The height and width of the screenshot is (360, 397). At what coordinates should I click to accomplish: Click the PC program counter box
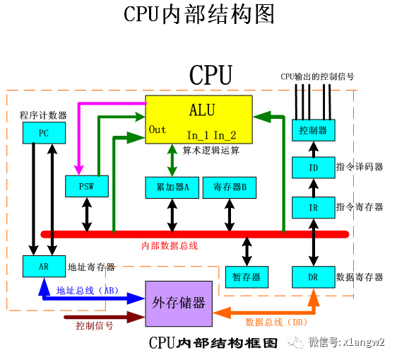(x=43, y=132)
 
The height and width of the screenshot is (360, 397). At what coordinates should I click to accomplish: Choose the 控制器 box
(x=313, y=131)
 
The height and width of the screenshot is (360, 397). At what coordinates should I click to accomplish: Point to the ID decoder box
(x=313, y=168)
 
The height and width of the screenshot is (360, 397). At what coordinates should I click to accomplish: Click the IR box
(x=313, y=207)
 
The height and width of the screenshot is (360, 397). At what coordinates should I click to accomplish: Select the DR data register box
(x=313, y=277)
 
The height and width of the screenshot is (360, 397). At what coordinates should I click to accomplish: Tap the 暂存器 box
(x=246, y=277)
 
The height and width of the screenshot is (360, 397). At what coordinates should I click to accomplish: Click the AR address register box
(x=43, y=267)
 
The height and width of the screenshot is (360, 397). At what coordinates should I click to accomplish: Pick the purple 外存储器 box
(x=179, y=303)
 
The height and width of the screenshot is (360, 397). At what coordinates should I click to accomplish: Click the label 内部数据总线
(x=170, y=246)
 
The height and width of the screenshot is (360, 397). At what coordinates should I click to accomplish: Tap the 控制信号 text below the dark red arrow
(x=94, y=326)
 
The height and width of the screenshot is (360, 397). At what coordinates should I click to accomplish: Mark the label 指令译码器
(x=360, y=167)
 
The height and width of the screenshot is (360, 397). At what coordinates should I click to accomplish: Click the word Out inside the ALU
(x=158, y=129)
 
